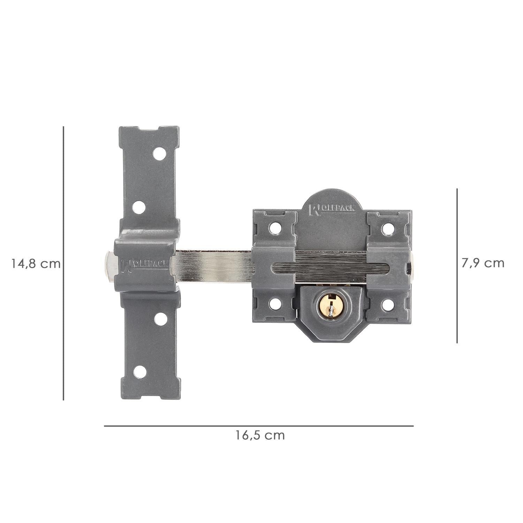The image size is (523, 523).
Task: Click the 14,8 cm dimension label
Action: click(x=36, y=264)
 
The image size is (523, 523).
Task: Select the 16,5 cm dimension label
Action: click(x=260, y=435)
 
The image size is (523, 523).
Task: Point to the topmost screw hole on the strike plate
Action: click(x=159, y=154)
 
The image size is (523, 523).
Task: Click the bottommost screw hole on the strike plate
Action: click(x=140, y=372)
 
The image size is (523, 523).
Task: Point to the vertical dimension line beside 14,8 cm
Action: click(x=63, y=263)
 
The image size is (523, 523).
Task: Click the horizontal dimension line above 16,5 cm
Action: click(x=259, y=426)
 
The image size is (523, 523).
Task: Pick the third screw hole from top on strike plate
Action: click(x=160, y=319)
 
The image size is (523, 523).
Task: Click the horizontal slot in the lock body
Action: click(x=329, y=268)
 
